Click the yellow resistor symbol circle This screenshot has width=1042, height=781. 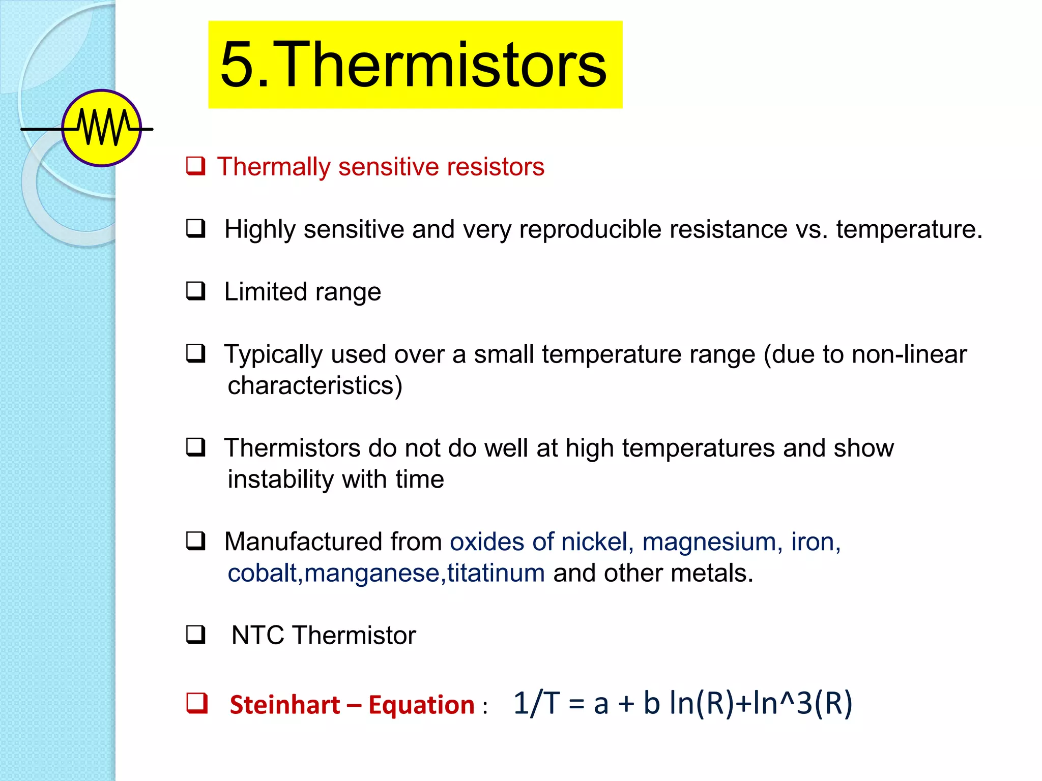click(102, 128)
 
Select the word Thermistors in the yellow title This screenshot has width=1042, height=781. click(443, 65)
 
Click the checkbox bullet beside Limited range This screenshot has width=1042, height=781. click(195, 291)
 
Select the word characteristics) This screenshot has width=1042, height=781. click(315, 385)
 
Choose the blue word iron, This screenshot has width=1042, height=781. click(816, 542)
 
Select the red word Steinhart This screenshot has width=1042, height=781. click(284, 705)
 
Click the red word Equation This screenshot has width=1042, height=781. click(421, 705)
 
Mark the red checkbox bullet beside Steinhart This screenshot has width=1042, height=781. click(196, 703)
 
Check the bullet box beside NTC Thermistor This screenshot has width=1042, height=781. click(195, 635)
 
